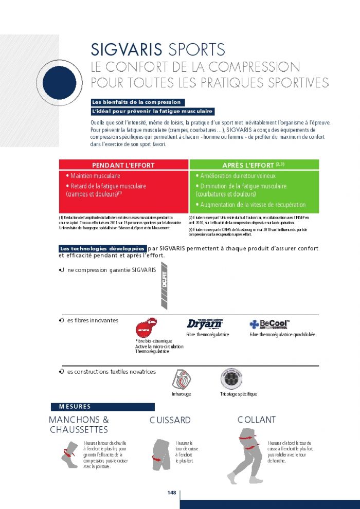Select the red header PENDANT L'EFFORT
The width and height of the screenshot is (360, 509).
tap(123, 165)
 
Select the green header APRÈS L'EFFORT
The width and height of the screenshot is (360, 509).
tap(254, 165)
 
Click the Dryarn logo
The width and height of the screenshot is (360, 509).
tap(204, 324)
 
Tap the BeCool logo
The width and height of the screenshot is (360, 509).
tap(269, 324)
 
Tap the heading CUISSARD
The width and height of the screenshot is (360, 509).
tap(170, 420)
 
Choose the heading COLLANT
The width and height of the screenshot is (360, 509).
tap(256, 420)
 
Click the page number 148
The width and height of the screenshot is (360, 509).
tap(172, 493)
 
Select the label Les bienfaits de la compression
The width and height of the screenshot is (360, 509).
tap(136, 102)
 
